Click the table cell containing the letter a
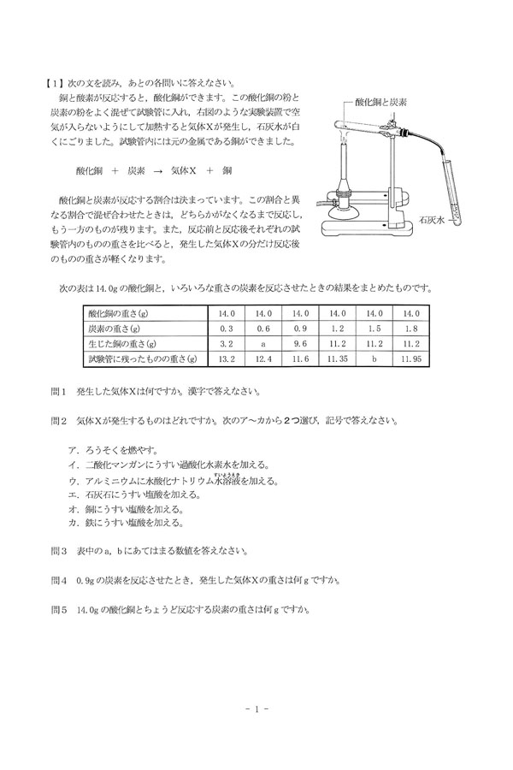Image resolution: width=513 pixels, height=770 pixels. pos(263,342)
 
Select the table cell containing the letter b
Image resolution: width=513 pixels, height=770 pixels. pos(374,358)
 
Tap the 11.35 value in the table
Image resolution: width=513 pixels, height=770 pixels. pos(336,358)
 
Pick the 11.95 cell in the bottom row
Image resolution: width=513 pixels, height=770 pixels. pos(410,358)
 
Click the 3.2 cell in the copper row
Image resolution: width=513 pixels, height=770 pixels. pos(227,342)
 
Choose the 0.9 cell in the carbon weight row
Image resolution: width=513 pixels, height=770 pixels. pos(300,328)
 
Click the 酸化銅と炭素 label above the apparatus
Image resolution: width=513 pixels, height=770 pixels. pos(380,101)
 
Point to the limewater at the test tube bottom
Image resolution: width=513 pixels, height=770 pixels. pos(459,211)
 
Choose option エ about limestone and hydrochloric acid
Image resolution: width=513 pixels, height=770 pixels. pos(133,494)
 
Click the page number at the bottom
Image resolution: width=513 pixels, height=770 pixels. pos(256,708)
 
